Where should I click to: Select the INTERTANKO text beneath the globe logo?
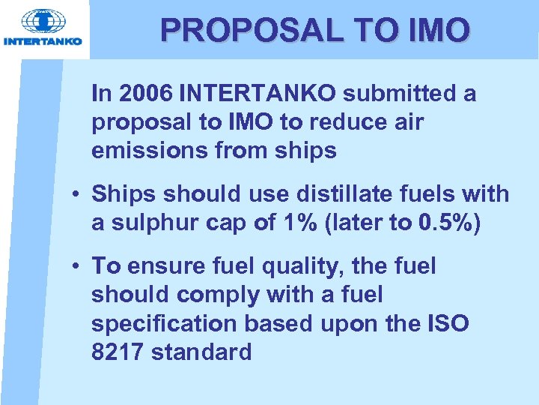point(43,41)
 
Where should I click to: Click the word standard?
point(201,352)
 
